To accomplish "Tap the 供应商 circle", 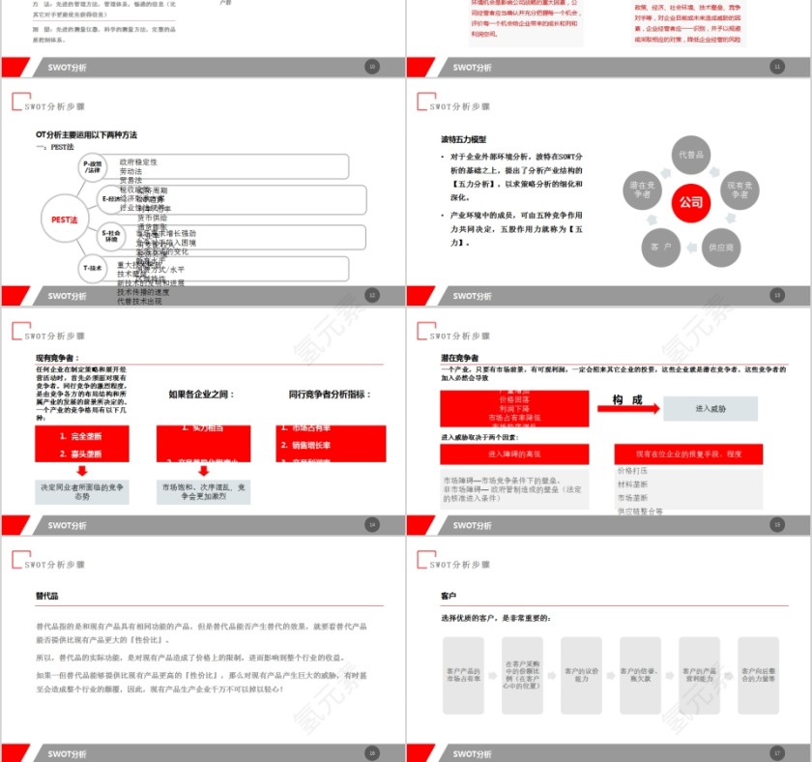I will point(720,247).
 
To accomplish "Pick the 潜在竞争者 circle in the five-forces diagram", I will point(645,190).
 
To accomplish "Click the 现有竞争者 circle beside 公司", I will point(739,190).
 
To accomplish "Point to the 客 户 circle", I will point(661,247).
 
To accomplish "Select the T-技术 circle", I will point(93,267).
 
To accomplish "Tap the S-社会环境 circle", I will point(112,235).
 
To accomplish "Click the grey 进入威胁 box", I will point(710,409).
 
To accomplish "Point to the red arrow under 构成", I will point(628,408).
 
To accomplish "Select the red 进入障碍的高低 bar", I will point(514,454).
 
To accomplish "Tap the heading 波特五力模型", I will point(464,139).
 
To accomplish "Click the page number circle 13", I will point(776,296).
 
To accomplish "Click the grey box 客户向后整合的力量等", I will point(759,673).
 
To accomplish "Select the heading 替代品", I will point(47,597).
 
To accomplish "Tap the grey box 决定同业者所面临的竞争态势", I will point(82,491).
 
